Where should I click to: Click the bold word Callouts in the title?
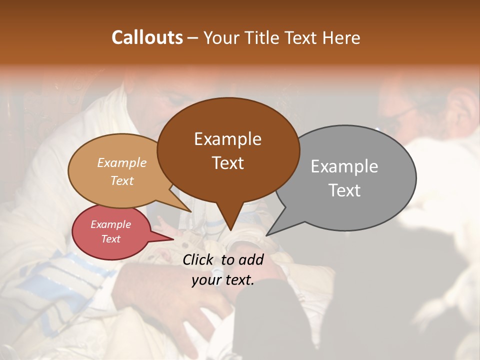pos(147,37)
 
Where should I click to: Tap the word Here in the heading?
pos(342,37)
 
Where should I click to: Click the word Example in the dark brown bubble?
pos(227,139)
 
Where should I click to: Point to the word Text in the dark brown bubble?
pos(227,163)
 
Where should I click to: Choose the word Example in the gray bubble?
pos(344,166)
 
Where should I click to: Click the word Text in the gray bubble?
pos(344,190)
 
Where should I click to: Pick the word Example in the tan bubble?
pos(122,162)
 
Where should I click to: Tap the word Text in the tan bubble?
pos(122,180)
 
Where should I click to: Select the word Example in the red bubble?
pos(111,224)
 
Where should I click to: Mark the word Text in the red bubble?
pos(111,239)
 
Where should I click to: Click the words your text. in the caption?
pos(223,280)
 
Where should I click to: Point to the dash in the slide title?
pos(193,38)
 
